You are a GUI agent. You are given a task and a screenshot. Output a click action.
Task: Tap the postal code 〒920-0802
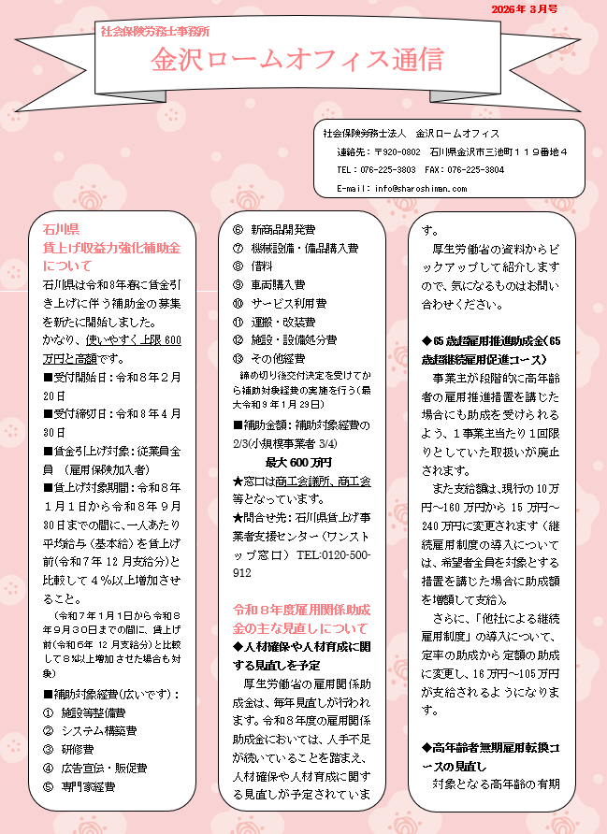(397, 151)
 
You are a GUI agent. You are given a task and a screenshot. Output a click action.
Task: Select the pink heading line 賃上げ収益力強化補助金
(111, 247)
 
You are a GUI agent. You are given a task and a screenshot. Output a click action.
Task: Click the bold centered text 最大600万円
(298, 462)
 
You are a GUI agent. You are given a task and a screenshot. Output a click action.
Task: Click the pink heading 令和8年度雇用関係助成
(300, 610)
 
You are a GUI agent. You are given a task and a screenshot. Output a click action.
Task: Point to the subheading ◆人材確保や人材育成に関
(300, 647)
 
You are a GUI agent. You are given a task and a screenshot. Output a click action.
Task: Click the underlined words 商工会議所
(299, 481)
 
